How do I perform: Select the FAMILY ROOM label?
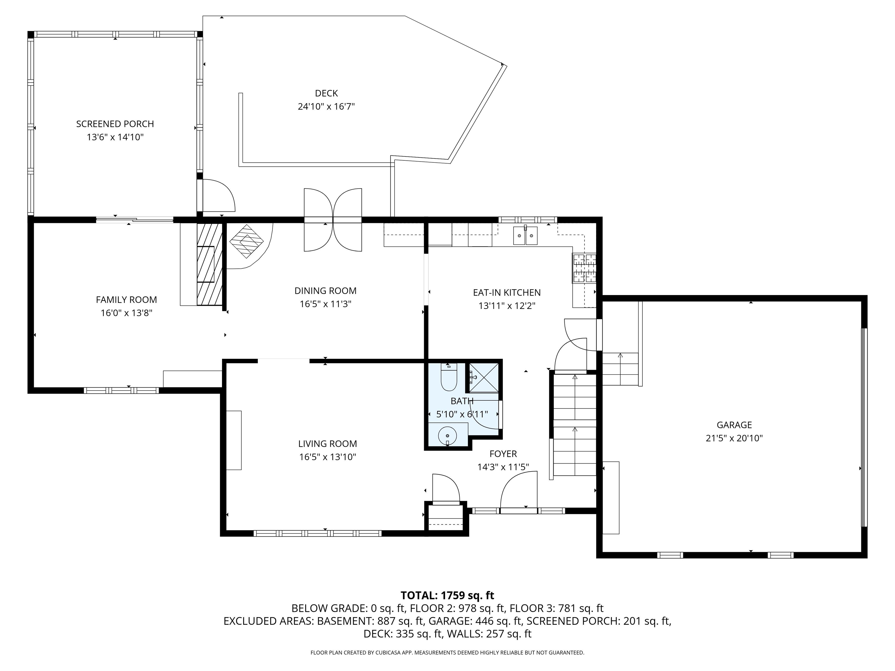126,300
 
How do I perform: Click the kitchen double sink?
525,236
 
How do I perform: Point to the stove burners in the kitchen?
584,268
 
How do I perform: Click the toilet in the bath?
448,378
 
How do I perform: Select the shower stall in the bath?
484,378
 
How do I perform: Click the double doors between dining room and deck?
333,220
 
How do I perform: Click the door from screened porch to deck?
218,196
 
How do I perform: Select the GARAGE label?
734,425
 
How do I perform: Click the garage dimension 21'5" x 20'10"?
734,438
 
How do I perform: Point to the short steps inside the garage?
620,369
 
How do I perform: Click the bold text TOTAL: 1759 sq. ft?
447,595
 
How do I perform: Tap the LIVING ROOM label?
327,444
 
